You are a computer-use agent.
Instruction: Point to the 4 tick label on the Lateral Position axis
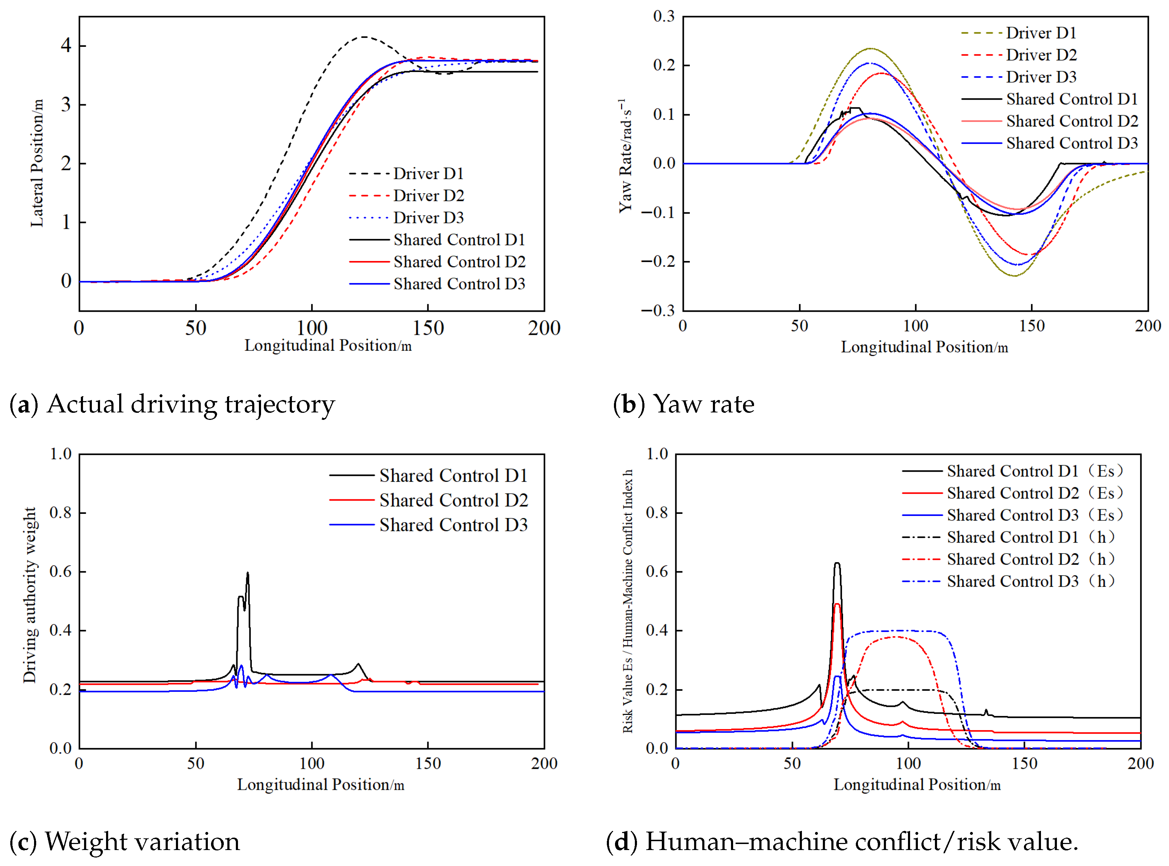click(x=66, y=46)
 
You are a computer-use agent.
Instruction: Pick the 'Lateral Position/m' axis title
click(x=37, y=163)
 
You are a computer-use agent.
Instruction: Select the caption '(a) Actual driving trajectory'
click(x=172, y=405)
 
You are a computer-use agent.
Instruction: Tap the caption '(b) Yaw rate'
click(x=683, y=405)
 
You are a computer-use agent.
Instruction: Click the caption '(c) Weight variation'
click(x=125, y=842)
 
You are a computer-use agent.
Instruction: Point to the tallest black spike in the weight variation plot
click(x=248, y=573)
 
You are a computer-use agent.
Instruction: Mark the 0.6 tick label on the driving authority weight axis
click(x=60, y=571)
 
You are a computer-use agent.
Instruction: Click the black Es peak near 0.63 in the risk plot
click(x=837, y=564)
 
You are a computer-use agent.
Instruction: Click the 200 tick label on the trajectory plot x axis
click(x=544, y=328)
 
